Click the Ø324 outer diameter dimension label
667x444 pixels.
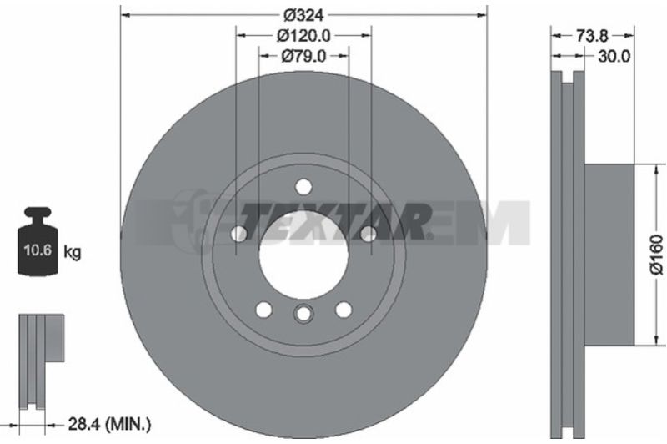tap(303, 15)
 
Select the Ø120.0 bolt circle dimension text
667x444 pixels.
tap(303, 36)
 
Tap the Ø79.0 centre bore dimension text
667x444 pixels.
tap(303, 56)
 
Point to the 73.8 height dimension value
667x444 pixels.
tap(593, 36)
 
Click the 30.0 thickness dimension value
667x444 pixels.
tap(614, 56)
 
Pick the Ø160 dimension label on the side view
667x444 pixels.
tap(656, 255)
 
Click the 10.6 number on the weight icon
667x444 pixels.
tap(38, 250)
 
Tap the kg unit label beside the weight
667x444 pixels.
tap(72, 252)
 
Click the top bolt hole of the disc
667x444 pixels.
tap(303, 187)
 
